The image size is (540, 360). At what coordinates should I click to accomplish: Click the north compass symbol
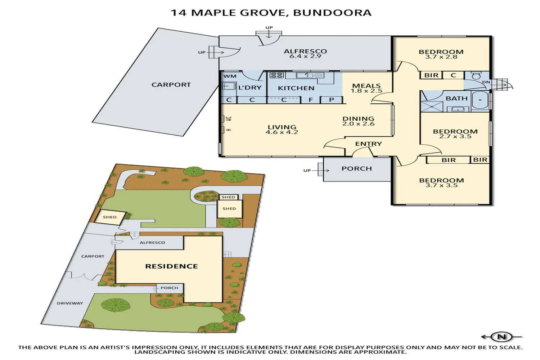tap(501, 337)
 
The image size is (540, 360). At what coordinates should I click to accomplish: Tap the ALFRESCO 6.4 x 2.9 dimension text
tap(305, 57)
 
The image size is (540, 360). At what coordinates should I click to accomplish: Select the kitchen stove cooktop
tap(276, 75)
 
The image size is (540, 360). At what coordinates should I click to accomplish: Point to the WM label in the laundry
tap(230, 76)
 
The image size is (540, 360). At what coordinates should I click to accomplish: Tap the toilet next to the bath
tap(476, 76)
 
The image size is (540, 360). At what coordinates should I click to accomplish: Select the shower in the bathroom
tap(432, 107)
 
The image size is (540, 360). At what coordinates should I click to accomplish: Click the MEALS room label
tap(366, 86)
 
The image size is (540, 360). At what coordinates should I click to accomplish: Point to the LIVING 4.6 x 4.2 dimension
tap(282, 132)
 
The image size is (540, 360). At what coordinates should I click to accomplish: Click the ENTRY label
tap(368, 144)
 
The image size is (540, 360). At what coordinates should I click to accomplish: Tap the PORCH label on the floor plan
tap(356, 168)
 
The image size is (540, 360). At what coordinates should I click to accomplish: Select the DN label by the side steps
tap(486, 82)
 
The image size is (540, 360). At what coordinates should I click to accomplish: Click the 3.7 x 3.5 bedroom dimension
tap(441, 185)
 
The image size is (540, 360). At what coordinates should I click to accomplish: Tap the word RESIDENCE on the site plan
tap(171, 266)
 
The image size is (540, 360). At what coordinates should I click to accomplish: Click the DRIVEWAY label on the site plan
tap(70, 303)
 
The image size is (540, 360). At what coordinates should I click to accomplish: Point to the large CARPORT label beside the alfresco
tap(171, 85)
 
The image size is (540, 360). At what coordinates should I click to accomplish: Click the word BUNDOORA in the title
tap(332, 13)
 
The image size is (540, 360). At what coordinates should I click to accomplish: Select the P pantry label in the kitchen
tap(332, 100)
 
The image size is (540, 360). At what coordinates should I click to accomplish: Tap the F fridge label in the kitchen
tap(311, 100)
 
